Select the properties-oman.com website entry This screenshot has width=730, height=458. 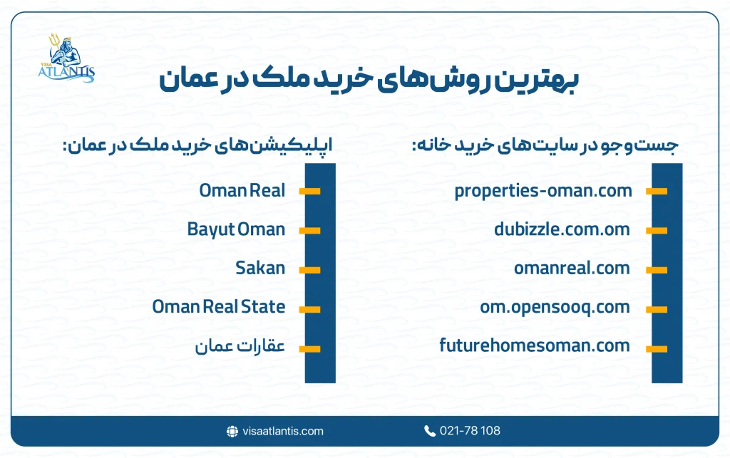click(543, 191)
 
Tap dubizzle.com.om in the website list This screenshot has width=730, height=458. click(562, 229)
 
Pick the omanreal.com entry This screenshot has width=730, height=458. click(572, 269)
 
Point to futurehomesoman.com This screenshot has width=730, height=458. click(535, 346)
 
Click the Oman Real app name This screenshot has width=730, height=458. click(242, 191)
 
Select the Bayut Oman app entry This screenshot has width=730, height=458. click(236, 229)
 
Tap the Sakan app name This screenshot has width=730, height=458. click(260, 269)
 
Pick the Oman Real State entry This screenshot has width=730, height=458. click(219, 307)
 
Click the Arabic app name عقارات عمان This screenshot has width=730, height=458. click(240, 347)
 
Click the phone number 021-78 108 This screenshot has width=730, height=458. click(471, 431)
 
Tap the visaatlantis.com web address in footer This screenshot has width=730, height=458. click(282, 431)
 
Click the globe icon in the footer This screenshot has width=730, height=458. click(232, 431)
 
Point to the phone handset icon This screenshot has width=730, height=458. click(430, 431)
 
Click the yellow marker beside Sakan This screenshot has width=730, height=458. click(309, 269)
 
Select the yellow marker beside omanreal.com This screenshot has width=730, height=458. click(657, 269)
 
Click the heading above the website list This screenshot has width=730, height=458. click(545, 145)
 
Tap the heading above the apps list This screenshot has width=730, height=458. click(198, 145)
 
